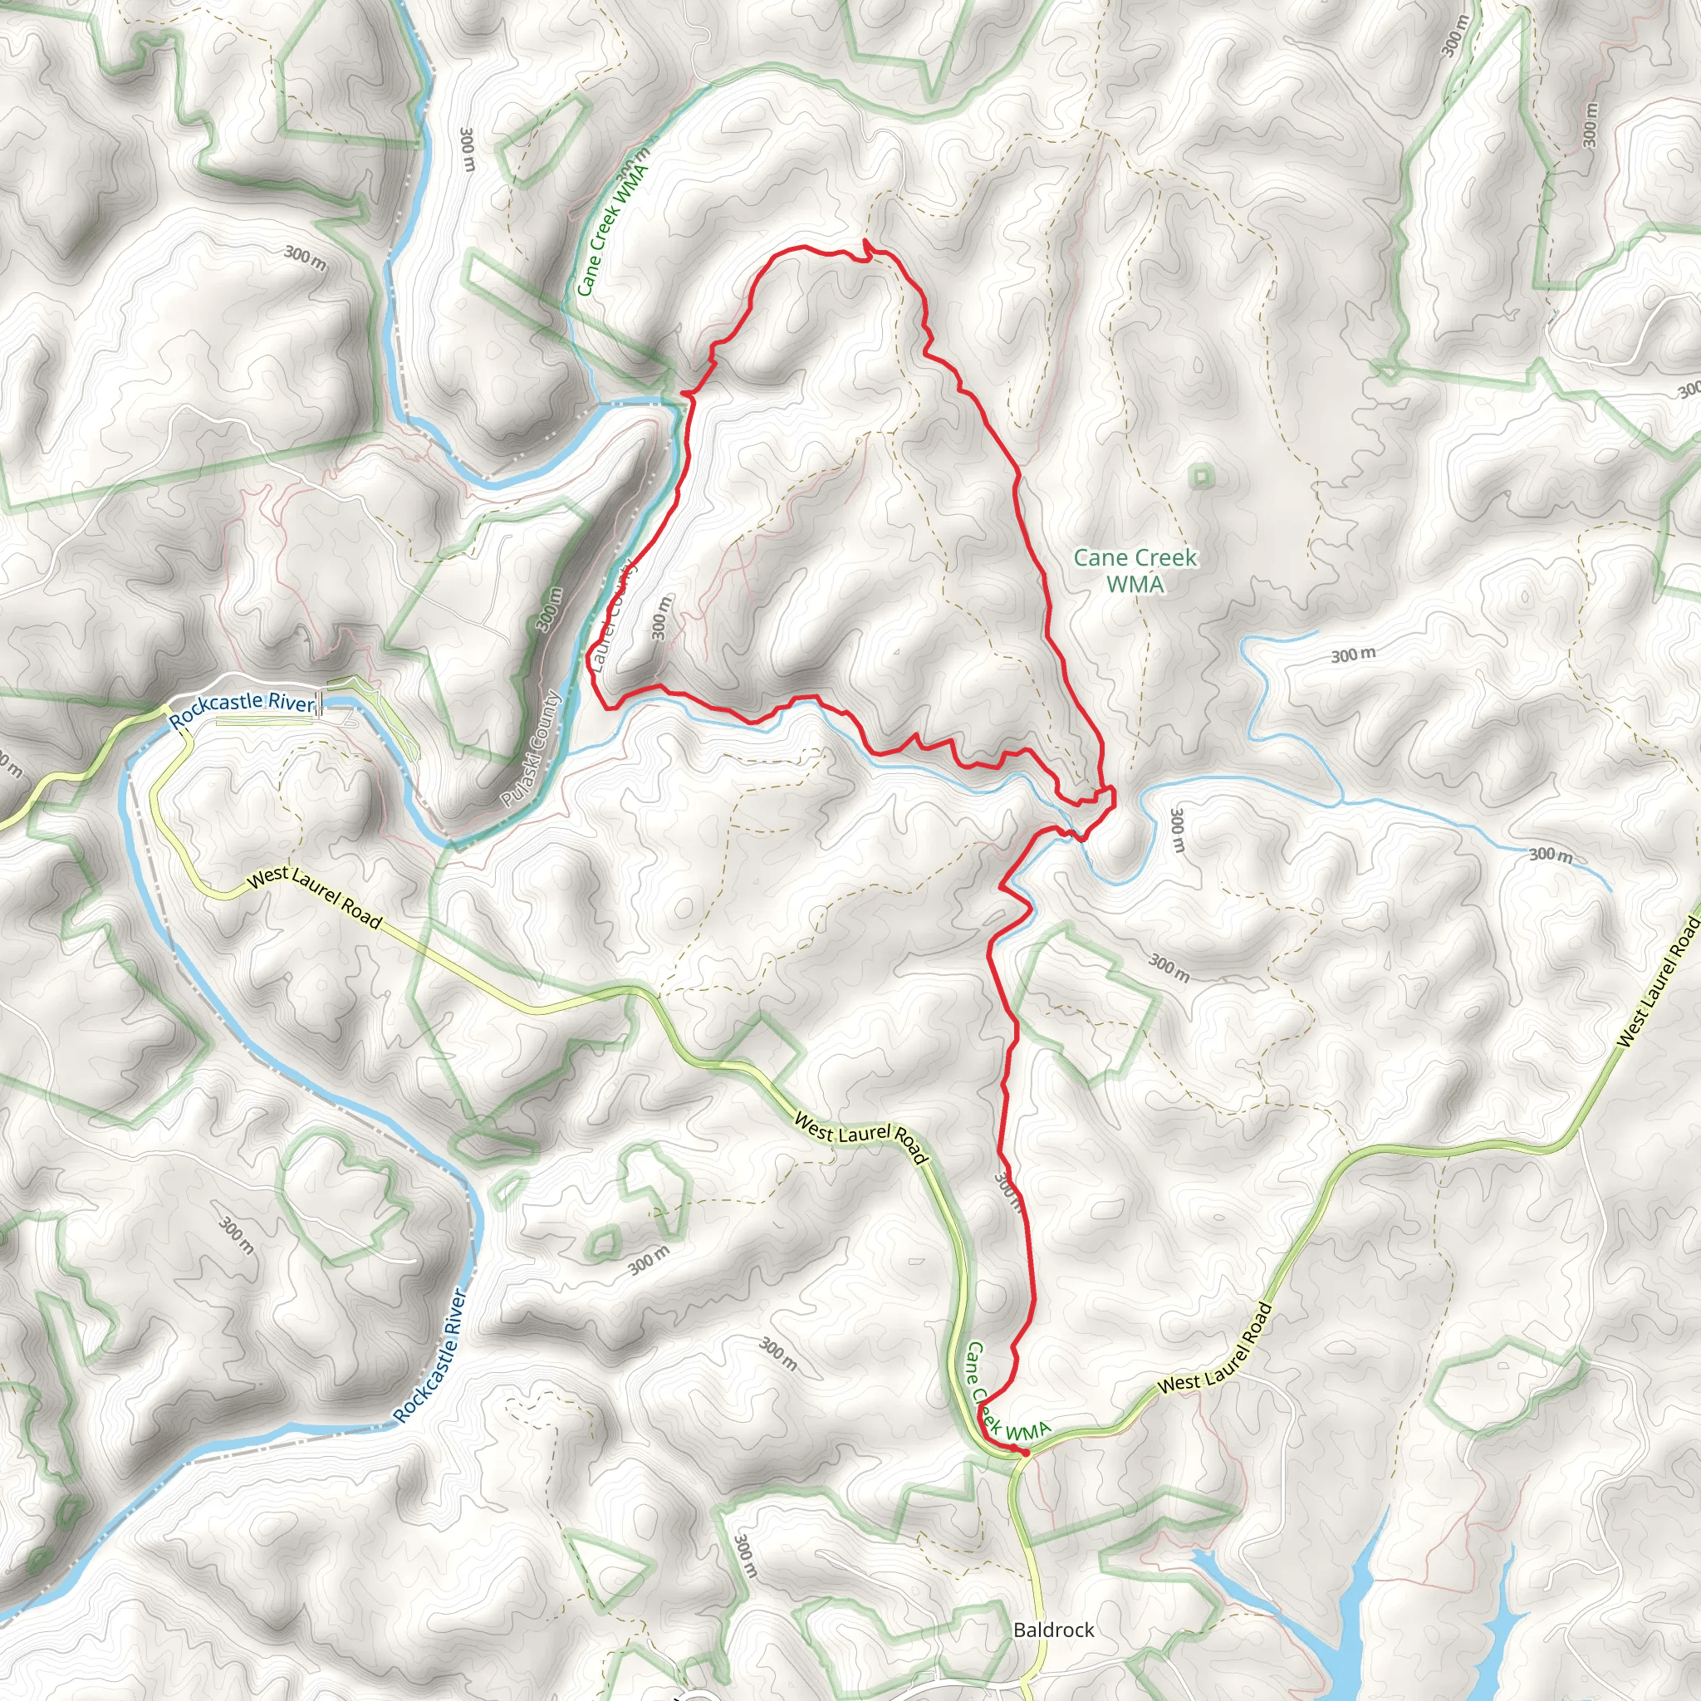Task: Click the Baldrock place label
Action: tap(1053, 1629)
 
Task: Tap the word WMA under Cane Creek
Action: tap(1135, 584)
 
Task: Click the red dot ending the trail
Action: tap(1025, 1452)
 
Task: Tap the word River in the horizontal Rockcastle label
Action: tap(292, 703)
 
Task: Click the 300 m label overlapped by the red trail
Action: tap(1009, 1190)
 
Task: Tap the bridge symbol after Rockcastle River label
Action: tap(321, 703)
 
